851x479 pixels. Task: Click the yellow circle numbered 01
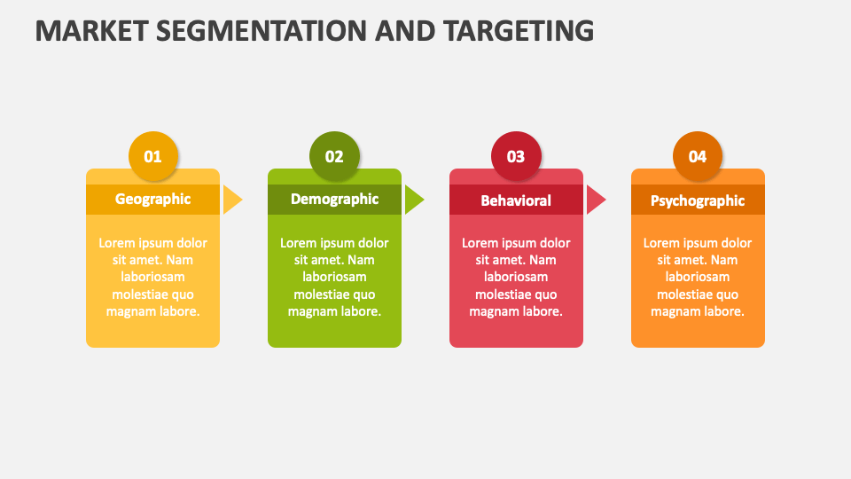pos(153,157)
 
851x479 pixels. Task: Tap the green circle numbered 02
pos(334,157)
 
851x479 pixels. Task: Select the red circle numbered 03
pos(516,157)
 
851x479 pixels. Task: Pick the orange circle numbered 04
pos(698,157)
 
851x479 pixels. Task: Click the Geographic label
pos(152,200)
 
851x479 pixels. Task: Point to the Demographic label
pos(334,200)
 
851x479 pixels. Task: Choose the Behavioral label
pos(516,200)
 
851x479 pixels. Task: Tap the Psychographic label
pos(698,200)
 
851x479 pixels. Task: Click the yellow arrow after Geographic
pos(231,200)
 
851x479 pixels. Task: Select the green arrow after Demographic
pos(413,200)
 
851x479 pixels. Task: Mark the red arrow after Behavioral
pos(595,200)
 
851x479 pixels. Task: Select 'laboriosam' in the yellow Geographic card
pos(152,277)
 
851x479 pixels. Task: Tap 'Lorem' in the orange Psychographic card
pos(662,243)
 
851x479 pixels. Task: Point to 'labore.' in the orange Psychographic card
pos(724,311)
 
